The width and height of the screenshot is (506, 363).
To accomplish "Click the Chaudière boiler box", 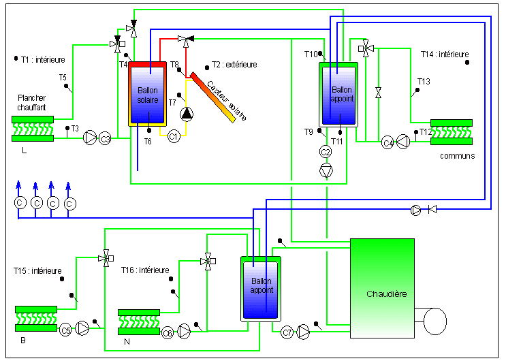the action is (383, 288).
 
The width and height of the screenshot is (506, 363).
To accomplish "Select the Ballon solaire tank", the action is (148, 93).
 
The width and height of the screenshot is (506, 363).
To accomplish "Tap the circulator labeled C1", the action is (174, 136).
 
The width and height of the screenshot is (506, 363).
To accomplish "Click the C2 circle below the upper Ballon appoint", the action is (326, 152).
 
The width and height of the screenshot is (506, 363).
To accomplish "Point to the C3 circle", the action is (105, 139).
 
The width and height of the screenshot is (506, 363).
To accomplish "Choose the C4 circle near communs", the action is (388, 142).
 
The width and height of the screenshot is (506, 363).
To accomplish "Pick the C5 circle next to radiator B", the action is (65, 330).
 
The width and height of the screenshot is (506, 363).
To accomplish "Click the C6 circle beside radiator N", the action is (167, 332).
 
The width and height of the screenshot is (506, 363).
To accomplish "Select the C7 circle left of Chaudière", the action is (287, 332).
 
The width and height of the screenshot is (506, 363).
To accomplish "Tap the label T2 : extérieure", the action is (234, 65).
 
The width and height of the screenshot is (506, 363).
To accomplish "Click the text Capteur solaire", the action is (227, 101).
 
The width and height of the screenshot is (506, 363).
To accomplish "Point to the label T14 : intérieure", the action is (445, 54).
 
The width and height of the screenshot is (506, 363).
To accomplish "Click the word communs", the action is (457, 156).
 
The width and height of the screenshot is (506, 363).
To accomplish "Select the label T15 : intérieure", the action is (37, 270).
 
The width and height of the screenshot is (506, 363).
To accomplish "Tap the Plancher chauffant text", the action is (31, 102).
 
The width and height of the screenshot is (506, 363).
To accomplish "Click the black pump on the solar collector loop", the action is (187, 114).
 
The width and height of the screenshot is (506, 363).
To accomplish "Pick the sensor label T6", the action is (148, 142).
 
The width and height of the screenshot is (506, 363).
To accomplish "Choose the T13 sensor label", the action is (424, 81).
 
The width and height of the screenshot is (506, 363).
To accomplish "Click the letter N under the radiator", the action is (127, 342).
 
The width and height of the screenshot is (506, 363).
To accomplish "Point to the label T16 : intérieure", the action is (145, 270).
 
